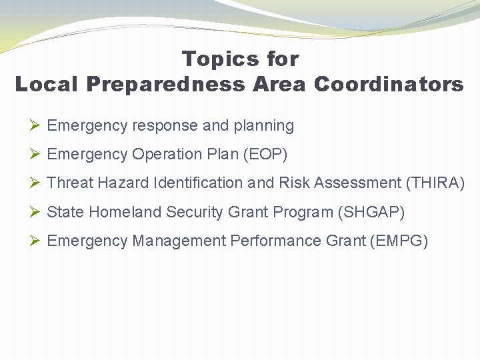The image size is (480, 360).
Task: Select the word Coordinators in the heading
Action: tap(389, 85)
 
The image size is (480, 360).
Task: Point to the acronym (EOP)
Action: tap(265, 155)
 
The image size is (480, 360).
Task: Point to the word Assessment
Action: tap(358, 183)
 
